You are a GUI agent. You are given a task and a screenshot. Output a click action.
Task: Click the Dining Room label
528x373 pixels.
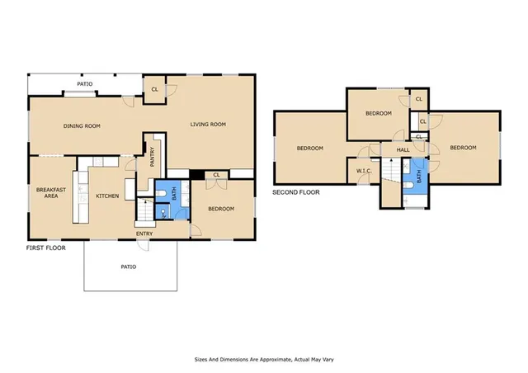click(x=82, y=126)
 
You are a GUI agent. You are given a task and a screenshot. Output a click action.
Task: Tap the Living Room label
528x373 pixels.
click(x=208, y=125)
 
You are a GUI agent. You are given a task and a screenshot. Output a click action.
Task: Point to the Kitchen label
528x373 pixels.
click(x=108, y=196)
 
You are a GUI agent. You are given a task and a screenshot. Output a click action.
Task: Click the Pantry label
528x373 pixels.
click(x=153, y=157)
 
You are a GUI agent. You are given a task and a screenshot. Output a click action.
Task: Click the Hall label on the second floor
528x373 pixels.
click(x=403, y=149)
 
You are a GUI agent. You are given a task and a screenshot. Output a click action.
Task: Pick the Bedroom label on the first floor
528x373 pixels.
click(x=221, y=209)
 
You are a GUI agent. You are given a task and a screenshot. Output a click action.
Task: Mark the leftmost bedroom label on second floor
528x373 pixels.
click(x=309, y=149)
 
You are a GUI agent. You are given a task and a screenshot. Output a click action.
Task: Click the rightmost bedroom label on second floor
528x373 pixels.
click(x=463, y=148)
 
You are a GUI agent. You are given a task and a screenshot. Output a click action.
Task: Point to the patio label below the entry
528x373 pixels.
click(x=128, y=267)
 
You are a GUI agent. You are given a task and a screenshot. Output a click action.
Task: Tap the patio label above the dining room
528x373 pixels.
click(x=85, y=83)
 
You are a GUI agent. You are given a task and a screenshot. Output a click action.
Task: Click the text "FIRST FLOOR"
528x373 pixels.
click(x=45, y=247)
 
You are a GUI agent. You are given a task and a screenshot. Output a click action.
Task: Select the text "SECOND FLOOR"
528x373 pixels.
click(x=295, y=192)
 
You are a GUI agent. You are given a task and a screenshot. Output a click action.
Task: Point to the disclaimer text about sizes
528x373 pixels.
click(x=263, y=360)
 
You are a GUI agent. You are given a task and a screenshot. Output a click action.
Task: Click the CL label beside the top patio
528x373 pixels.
click(x=153, y=90)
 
